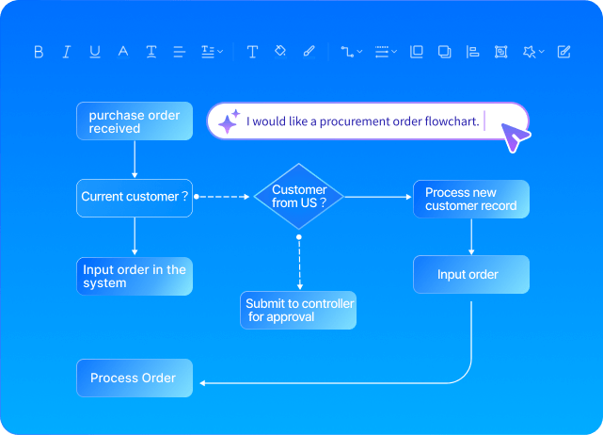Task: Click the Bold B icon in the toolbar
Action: point(39,52)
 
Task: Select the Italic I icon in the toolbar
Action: point(67,52)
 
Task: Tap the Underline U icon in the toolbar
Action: point(95,52)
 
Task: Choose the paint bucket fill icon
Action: point(279,52)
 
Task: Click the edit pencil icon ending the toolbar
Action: point(563,52)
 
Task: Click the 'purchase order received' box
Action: point(135,121)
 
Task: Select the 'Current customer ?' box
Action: point(135,198)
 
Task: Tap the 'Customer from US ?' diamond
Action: point(299,196)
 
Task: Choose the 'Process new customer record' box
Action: point(470,199)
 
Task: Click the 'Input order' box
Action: point(470,275)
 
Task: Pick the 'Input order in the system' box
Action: point(135,277)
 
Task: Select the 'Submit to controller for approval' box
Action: point(299,310)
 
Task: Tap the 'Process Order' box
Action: point(135,378)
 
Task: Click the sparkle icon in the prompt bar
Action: point(229,121)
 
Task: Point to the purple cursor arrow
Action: point(515,137)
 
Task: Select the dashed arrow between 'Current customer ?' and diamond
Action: point(224,197)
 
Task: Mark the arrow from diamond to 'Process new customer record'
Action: point(378,197)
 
